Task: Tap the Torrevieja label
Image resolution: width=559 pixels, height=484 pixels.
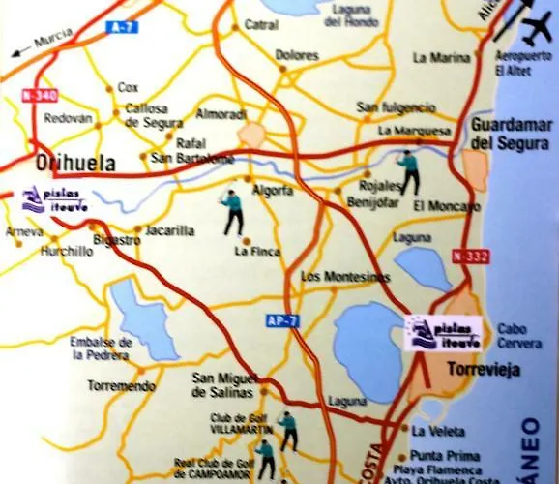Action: click(x=483, y=368)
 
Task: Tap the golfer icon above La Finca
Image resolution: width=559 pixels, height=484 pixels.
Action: click(x=232, y=212)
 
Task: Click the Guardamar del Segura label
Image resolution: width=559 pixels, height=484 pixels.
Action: click(x=510, y=135)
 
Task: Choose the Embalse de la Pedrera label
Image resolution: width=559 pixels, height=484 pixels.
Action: click(x=100, y=348)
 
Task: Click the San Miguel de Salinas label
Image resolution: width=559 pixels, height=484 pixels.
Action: click(x=222, y=383)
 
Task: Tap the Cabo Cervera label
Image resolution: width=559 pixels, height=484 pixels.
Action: click(x=519, y=335)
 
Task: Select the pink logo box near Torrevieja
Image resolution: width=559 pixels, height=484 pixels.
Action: click(x=443, y=334)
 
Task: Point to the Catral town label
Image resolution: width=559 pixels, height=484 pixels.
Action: click(x=261, y=24)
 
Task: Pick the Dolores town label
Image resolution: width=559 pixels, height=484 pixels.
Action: click(x=297, y=55)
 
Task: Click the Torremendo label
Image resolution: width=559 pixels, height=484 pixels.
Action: click(x=121, y=385)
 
